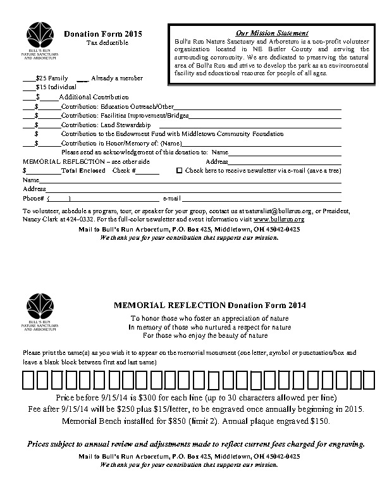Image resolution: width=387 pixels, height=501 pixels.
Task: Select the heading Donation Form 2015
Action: [x=103, y=33]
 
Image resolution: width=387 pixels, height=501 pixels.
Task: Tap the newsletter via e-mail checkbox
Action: [x=179, y=171]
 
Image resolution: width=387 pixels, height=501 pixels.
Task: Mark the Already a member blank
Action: [x=82, y=78]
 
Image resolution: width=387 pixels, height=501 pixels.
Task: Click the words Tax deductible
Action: [x=107, y=42]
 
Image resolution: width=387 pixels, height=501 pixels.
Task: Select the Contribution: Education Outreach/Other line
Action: [x=116, y=107]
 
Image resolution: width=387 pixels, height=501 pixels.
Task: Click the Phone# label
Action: [x=32, y=199]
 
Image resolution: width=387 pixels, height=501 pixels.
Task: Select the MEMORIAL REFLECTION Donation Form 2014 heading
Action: [x=209, y=305]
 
